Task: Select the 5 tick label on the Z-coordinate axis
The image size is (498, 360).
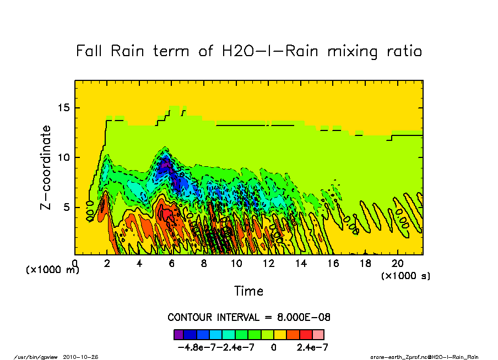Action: point(67,208)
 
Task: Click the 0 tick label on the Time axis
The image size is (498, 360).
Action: point(74,264)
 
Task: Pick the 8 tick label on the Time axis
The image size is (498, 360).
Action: point(204,264)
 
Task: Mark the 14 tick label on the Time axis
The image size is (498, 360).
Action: point(301,264)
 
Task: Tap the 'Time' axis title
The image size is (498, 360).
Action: point(248,291)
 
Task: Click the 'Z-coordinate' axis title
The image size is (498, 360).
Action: point(46,167)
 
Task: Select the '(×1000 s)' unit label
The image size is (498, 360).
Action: point(406,275)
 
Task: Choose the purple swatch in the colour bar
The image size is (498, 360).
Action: point(178,334)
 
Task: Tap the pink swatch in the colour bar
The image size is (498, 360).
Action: point(318,334)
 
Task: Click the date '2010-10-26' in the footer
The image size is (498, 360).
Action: point(84,357)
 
